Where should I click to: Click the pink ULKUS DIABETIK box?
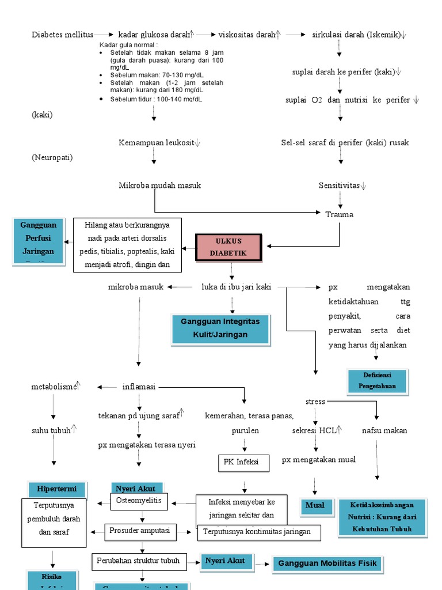tap(229, 247)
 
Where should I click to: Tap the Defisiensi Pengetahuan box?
tap(378, 381)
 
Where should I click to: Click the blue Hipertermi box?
tap(57, 489)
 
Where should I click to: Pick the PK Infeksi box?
tap(243, 462)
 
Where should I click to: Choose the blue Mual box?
tap(315, 505)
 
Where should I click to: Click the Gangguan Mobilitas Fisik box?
tap(327, 563)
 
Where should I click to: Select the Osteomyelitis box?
tap(139, 501)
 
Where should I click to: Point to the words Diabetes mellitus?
tap(62, 35)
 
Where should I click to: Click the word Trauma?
tap(340, 214)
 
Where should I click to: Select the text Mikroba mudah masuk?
tap(160, 186)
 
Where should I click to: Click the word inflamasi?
tap(139, 387)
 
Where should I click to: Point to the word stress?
tap(315, 402)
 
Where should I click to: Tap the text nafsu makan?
tap(384, 430)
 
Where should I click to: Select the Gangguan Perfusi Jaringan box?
tap(37, 241)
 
